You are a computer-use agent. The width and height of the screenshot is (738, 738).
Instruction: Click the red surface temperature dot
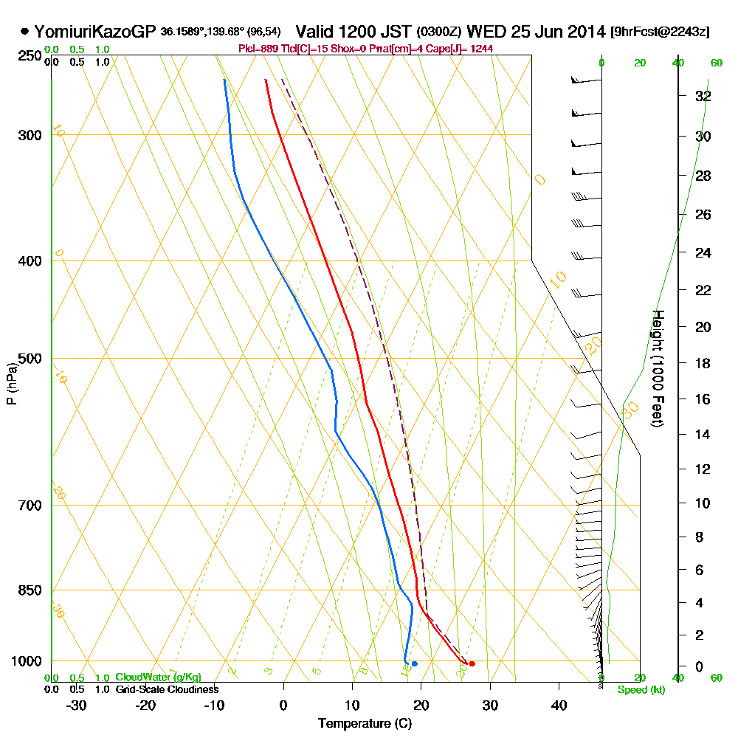point(472,663)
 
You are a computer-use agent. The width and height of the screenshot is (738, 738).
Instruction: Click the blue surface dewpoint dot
point(414,663)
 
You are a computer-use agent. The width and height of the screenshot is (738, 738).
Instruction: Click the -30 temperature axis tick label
point(77,705)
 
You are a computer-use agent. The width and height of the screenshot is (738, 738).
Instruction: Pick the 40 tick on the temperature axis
point(559,705)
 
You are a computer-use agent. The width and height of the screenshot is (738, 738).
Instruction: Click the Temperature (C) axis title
point(365,723)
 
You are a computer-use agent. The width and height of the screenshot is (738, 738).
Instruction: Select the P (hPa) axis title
point(11,384)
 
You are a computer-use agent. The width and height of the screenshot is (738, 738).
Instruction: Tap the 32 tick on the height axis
point(703,96)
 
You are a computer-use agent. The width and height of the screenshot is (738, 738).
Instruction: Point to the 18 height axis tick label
point(703,363)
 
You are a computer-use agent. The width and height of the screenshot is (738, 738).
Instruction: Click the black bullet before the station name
point(24,32)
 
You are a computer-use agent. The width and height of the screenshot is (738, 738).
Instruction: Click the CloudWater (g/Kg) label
point(158,677)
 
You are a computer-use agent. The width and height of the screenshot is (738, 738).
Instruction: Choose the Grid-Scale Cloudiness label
point(166,689)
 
